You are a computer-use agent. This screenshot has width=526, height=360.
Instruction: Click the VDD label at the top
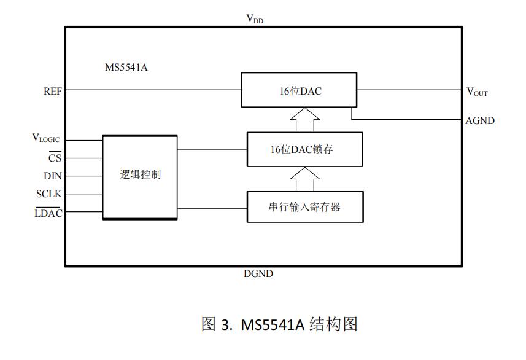255,19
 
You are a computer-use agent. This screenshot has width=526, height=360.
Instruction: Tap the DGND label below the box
258,274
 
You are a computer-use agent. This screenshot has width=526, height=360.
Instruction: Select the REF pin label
53,91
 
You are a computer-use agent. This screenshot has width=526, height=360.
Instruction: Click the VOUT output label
477,92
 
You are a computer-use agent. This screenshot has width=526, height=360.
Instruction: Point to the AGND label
480,121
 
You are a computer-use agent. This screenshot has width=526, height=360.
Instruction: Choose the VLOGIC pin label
46,139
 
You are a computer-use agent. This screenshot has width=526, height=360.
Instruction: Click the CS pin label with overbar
55,158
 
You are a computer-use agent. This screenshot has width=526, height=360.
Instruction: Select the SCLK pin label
49,194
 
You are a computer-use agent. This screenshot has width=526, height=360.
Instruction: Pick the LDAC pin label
48,213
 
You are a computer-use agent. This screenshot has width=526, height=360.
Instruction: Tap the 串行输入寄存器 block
304,207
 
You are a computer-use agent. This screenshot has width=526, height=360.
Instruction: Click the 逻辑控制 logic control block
140,176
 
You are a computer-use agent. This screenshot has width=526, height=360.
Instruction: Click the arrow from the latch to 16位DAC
304,120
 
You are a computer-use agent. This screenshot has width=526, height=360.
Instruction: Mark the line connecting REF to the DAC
153,90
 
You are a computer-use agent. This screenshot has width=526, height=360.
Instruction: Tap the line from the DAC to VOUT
409,90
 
